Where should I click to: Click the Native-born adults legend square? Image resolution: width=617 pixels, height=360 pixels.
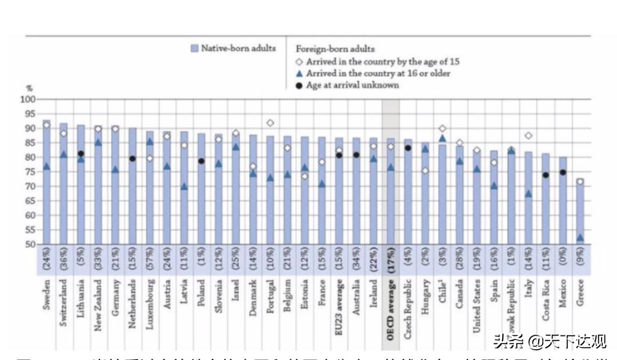194,49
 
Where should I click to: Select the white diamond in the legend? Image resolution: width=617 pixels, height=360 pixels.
299,62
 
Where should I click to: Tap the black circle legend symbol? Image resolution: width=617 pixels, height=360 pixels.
299,85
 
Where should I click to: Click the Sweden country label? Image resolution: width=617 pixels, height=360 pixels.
46,295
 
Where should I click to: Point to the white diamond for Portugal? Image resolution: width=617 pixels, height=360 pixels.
270,123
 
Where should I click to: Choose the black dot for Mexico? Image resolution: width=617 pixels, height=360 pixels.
563,172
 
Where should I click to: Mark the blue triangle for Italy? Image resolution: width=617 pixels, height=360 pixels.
528,194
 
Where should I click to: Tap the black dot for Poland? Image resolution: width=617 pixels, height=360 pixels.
201,161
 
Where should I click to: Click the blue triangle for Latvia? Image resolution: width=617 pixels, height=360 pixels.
184,186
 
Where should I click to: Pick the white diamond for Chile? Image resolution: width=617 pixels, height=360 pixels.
442,129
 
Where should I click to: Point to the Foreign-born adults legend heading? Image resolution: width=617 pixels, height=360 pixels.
335,50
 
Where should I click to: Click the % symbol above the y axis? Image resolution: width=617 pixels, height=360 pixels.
29,89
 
